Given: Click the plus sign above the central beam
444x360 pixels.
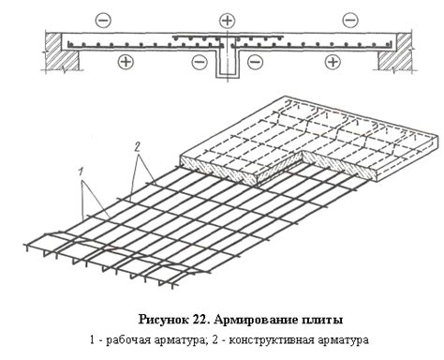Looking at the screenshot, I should point(227,19).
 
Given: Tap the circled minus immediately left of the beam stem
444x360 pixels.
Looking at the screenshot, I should point(198,62).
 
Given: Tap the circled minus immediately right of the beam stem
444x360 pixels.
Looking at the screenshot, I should point(254,62).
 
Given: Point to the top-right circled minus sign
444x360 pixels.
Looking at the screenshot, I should point(349,19).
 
